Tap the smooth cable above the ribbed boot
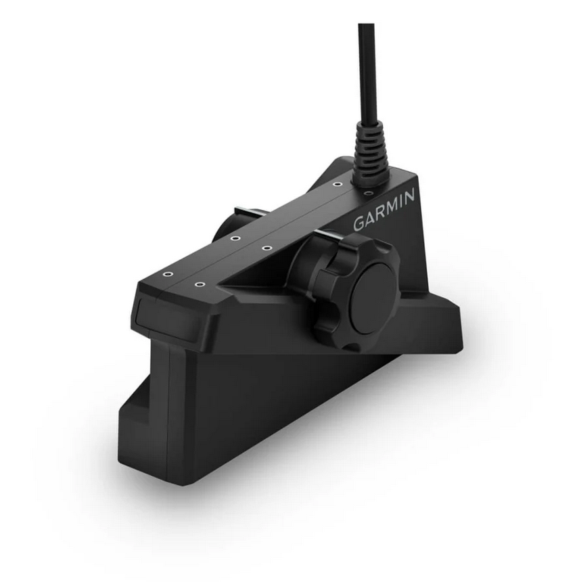366,68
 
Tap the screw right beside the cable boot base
368,193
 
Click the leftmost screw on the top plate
166,274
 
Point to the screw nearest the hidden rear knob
235,238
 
